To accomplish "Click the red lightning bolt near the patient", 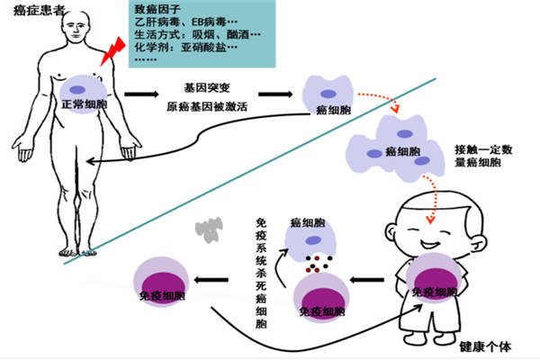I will [x=112, y=53].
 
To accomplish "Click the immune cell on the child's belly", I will [x=436, y=283].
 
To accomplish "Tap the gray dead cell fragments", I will [x=212, y=229].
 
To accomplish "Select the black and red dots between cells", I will [x=315, y=265].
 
